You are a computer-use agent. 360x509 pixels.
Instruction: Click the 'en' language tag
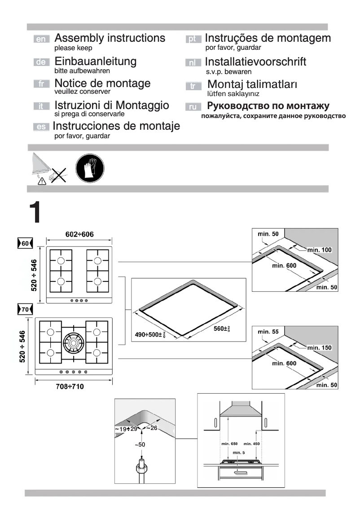point(41,39)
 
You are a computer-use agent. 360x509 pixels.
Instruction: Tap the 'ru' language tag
point(192,107)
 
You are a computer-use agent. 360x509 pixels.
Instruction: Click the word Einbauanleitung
point(96,61)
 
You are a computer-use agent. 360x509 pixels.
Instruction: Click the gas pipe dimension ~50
point(142,444)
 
